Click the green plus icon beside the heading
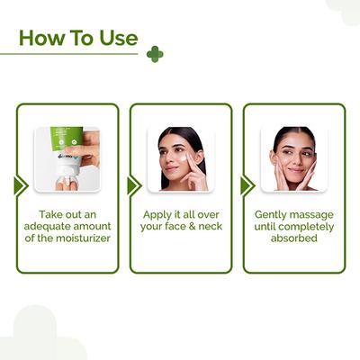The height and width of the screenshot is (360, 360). [155, 54]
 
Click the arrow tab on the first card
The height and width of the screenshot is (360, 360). [20, 185]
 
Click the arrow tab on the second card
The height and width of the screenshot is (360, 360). [133, 185]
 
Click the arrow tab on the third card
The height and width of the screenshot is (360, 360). [247, 185]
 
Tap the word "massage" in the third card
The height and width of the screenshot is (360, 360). [315, 215]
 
